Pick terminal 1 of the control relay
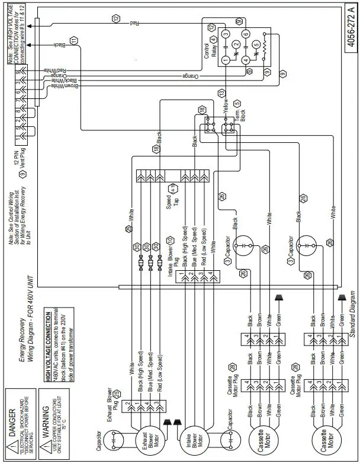225,60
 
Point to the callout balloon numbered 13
221,94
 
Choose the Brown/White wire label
64,87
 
